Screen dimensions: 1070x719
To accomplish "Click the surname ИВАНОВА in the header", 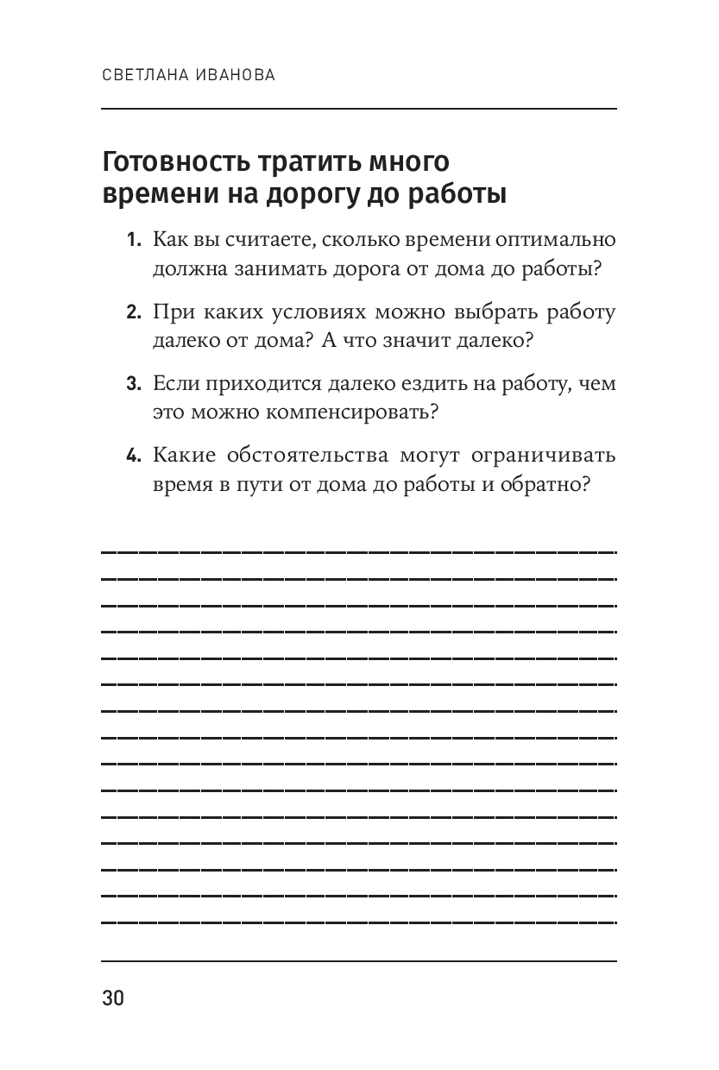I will [x=232, y=76].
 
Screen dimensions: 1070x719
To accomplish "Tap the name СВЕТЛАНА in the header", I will [x=142, y=76].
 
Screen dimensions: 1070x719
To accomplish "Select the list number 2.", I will [x=133, y=312].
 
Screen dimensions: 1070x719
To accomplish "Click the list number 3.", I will [x=133, y=385].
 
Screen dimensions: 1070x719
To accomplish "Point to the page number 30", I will [x=113, y=998].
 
